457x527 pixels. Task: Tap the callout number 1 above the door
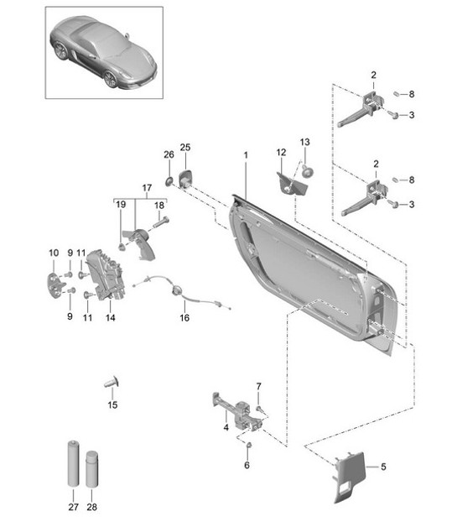(246, 156)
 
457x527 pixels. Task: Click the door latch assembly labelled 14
(106, 273)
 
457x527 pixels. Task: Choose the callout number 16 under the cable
(184, 319)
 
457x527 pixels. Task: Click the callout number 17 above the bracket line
(147, 187)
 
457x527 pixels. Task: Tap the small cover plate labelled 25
(185, 178)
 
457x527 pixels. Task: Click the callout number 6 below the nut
(247, 464)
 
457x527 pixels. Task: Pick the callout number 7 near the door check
(259, 386)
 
